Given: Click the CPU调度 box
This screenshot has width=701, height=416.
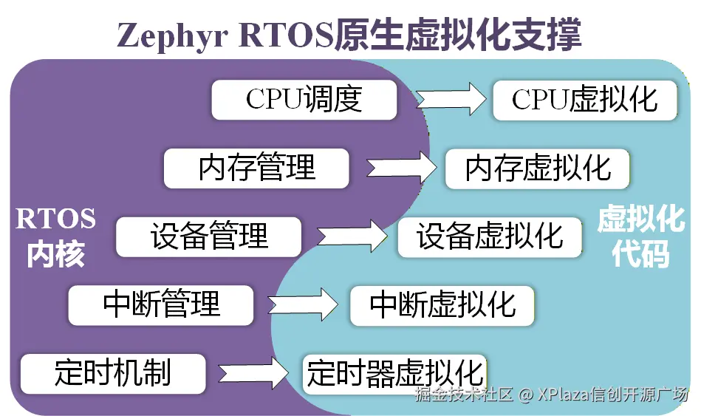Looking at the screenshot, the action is point(304,100).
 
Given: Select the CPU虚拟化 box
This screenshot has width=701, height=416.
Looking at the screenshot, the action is point(584,100).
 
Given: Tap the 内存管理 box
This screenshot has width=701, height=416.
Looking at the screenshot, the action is point(256,168).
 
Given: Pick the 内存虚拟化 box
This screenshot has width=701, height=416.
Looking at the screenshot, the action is point(537,168).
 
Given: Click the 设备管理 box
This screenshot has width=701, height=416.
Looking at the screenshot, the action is point(208,236).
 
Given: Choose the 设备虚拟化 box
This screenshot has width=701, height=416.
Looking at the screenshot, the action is point(490,236).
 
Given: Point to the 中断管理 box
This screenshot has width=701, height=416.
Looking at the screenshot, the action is point(161,304).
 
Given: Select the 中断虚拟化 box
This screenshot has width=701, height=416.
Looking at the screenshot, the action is point(442,304).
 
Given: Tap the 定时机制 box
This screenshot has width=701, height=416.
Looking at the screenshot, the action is point(112,373).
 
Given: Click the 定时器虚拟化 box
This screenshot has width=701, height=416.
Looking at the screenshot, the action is point(394,373).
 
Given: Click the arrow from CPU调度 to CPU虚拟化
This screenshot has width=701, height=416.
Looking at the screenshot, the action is point(449,98).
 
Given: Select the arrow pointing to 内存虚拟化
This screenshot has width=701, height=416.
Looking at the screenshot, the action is point(399,167).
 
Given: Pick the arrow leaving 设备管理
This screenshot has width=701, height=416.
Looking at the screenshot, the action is point(352,236).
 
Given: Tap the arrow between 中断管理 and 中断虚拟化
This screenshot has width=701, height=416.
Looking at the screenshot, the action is point(303,304).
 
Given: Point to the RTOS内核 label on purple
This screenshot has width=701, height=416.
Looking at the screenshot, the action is point(55,236).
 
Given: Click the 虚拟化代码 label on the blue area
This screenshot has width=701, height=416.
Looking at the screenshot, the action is point(641,236).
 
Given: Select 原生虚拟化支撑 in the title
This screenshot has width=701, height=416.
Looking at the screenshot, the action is point(458,35).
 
